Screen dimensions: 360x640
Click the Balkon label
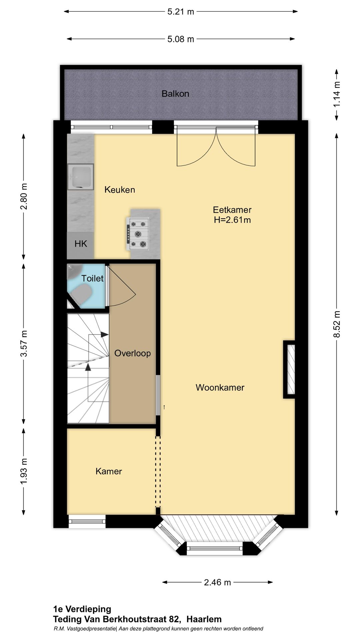(x=175, y=94)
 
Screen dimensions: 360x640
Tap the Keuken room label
(x=120, y=190)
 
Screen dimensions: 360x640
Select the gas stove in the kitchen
(x=138, y=233)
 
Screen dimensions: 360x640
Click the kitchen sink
(x=80, y=177)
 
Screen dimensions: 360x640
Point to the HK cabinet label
(x=81, y=244)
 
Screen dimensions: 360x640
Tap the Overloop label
(x=132, y=353)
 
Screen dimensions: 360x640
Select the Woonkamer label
(x=220, y=387)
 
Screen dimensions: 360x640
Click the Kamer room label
(x=109, y=471)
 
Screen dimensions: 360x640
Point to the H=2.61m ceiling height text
(x=232, y=220)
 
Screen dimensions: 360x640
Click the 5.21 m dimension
(x=181, y=12)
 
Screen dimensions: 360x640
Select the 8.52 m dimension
(x=337, y=324)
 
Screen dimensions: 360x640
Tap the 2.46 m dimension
(x=217, y=582)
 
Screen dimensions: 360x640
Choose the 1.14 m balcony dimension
(x=337, y=94)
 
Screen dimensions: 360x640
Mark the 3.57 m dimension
(x=24, y=344)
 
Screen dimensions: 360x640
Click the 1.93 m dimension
(x=24, y=472)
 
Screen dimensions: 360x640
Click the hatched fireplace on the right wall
(x=289, y=369)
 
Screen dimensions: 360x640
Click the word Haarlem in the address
(x=204, y=619)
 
